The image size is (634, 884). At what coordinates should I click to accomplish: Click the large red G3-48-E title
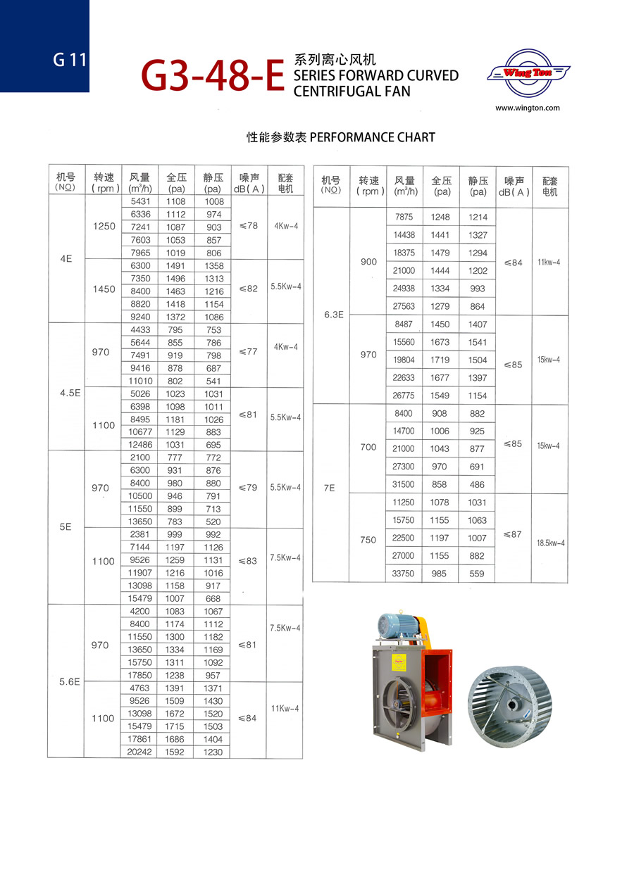point(213,76)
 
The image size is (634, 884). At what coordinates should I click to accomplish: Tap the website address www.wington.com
point(527,108)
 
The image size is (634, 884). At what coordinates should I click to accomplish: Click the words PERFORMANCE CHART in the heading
point(372,137)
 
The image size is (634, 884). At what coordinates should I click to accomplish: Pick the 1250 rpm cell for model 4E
point(104,227)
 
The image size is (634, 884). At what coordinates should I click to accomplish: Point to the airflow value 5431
point(141,201)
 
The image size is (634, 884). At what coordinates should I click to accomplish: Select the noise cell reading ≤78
point(248,226)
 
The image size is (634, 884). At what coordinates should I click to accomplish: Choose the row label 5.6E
point(66,681)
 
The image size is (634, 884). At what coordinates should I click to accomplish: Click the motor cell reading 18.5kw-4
point(549,543)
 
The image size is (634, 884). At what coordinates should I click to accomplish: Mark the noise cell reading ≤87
point(512,534)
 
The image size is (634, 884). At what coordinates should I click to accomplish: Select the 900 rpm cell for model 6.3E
point(368,261)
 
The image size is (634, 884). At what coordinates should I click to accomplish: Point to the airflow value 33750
point(404,574)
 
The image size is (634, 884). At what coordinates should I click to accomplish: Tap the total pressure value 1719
point(440,360)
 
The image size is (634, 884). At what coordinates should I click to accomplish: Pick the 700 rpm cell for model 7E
point(368,447)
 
